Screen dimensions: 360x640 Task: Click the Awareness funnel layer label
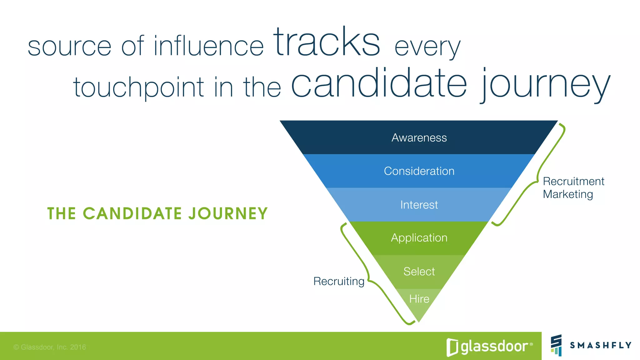pos(419,138)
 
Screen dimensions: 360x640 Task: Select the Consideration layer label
pos(419,171)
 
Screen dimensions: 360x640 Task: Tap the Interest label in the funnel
pos(419,205)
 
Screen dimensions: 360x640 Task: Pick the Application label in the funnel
pos(419,238)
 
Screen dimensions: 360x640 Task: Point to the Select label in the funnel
pos(419,272)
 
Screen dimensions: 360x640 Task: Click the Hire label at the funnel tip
pos(419,299)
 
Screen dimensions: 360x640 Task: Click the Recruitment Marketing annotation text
pos(573,188)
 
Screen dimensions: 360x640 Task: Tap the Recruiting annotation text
pos(339,281)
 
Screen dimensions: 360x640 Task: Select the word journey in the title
pos(545,84)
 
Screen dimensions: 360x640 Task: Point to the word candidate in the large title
pos(379,83)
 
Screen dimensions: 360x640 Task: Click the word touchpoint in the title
pos(138,87)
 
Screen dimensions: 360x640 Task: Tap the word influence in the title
pos(209,46)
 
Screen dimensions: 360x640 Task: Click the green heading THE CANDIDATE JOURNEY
pos(157,214)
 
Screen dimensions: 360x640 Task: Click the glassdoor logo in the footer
pos(489,347)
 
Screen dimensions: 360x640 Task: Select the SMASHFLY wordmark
pos(600,345)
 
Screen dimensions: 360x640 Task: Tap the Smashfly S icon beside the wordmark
pos(556,345)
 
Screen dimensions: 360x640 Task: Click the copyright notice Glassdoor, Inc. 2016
pos(50,347)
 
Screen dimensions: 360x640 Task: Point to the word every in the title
pos(427,47)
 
